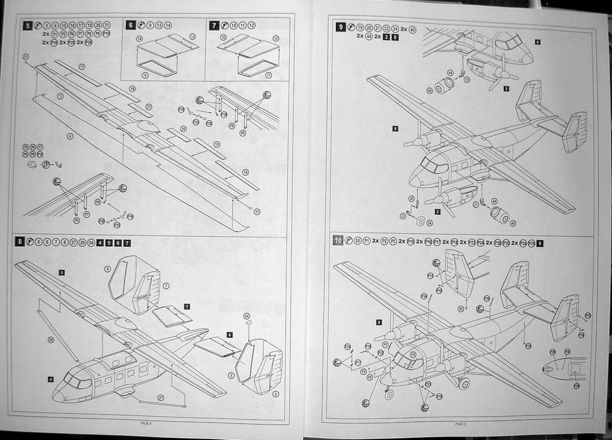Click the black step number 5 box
(x=27, y=26)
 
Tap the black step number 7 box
(x=214, y=25)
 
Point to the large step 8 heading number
(x=20, y=242)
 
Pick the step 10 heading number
(x=338, y=241)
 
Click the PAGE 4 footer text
(x=146, y=423)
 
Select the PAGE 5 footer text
(x=460, y=424)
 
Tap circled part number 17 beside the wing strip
(x=82, y=66)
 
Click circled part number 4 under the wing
(x=70, y=136)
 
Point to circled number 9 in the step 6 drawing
(x=145, y=75)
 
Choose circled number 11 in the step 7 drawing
(x=268, y=75)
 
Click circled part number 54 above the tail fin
(x=247, y=316)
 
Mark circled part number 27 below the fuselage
(x=160, y=398)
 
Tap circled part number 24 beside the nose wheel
(x=430, y=223)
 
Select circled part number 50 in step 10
(x=461, y=308)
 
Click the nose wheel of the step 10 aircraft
(x=389, y=394)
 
